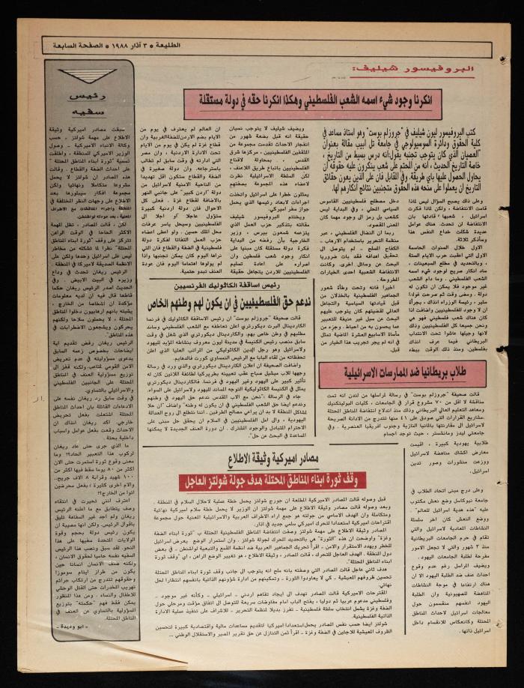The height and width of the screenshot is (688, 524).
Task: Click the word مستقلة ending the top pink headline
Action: pyautogui.click(x=211, y=98)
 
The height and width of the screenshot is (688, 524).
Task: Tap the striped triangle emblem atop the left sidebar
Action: pyautogui.click(x=87, y=76)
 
